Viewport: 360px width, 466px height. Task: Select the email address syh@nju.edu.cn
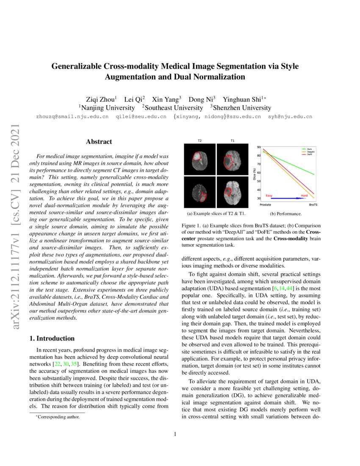click(290, 116)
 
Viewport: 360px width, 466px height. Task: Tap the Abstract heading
click(99, 141)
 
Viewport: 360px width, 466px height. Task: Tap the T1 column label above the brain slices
click(233, 141)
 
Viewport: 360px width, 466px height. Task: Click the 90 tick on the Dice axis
click(258, 147)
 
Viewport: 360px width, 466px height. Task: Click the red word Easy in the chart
click(269, 195)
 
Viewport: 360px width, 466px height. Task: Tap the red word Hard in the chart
click(304, 195)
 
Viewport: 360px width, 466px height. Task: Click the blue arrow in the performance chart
click(288, 198)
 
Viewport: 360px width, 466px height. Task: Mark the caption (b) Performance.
click(286, 214)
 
